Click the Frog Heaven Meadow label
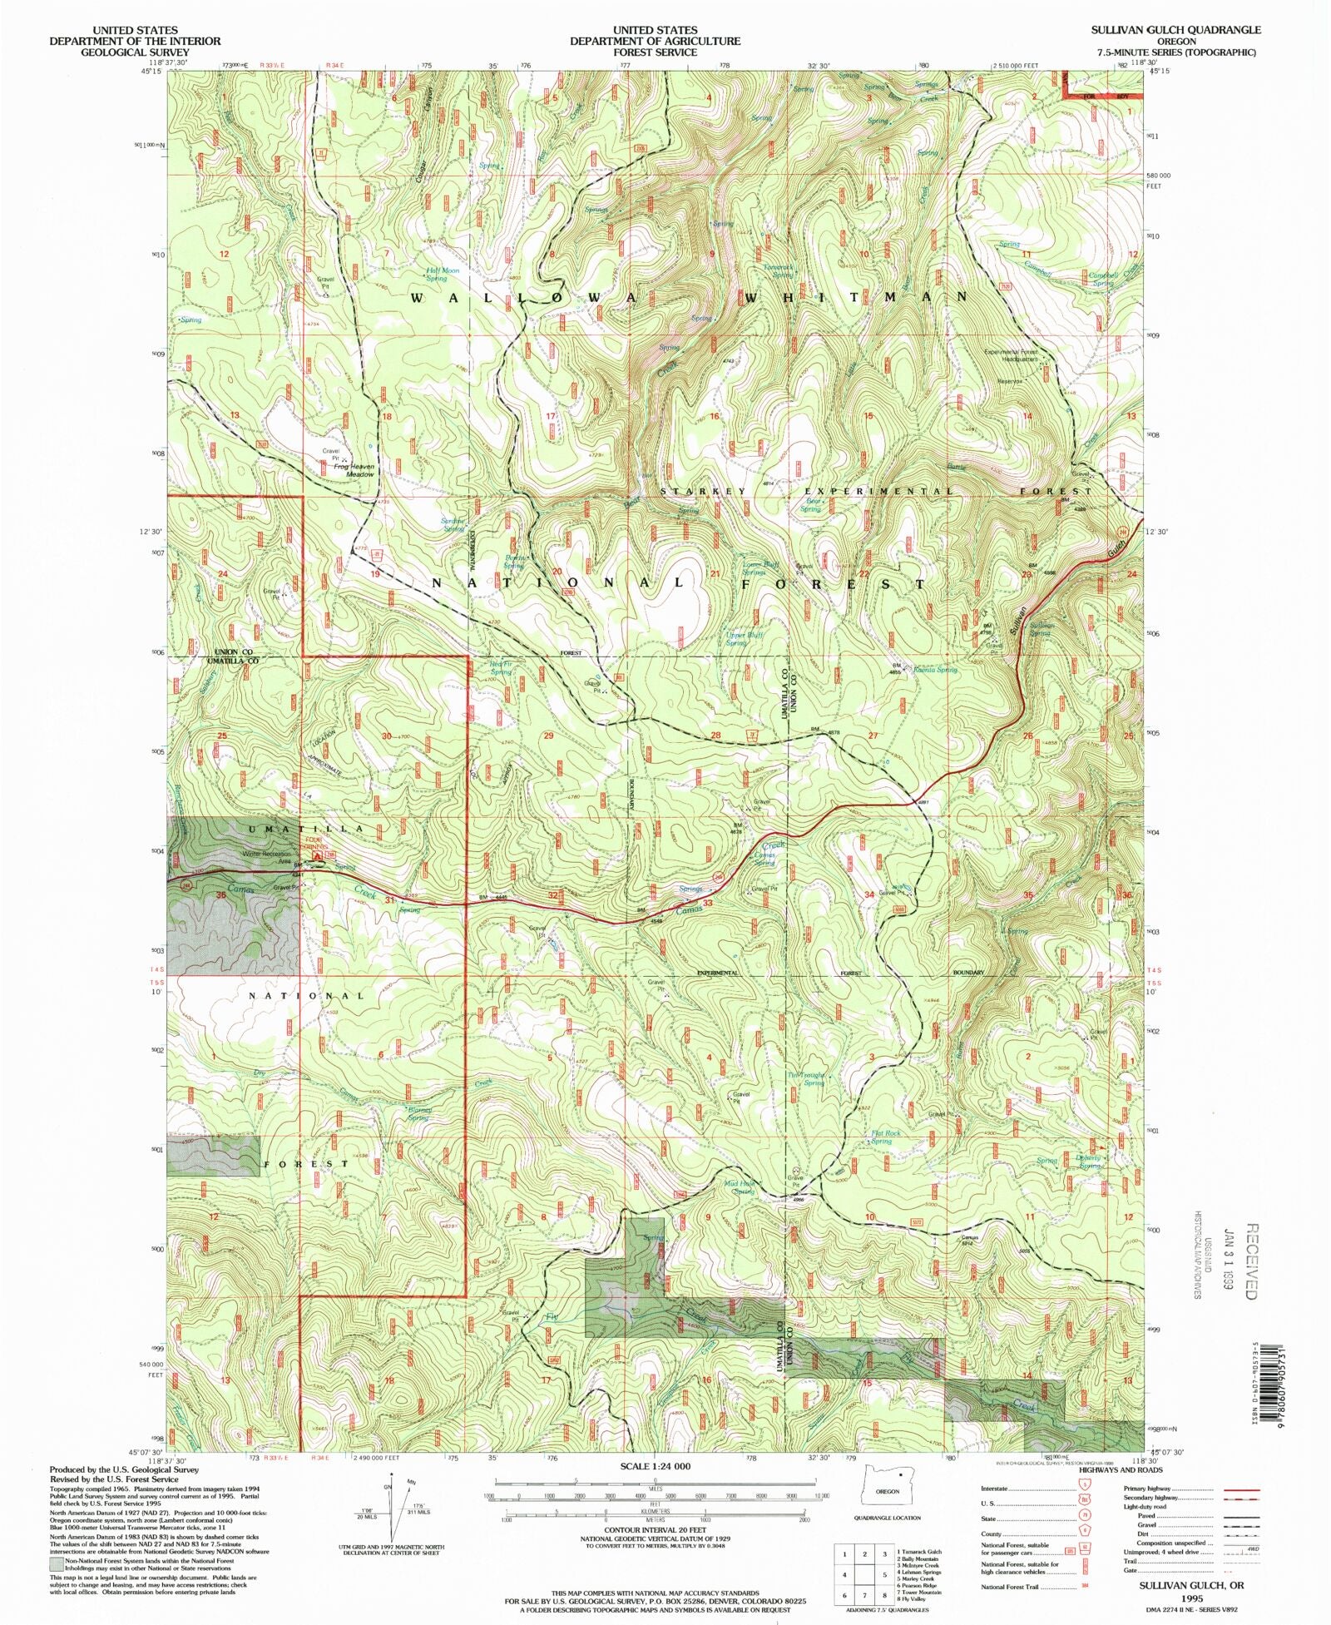click(x=354, y=470)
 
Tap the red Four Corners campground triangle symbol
click(x=316, y=855)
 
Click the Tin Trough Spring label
click(x=806, y=1078)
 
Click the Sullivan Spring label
click(x=1041, y=629)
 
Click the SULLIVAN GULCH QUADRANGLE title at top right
click(x=1175, y=29)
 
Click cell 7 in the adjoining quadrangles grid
click(x=845, y=1595)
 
